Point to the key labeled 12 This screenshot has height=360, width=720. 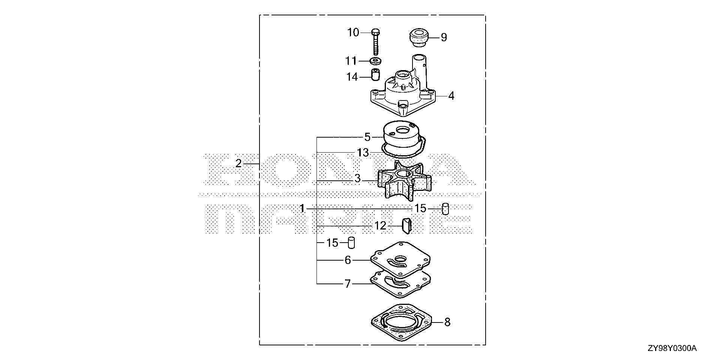coord(407,225)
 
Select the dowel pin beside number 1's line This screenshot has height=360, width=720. coord(445,208)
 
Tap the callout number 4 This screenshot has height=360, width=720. coord(451,96)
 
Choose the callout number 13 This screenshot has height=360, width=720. coord(363,153)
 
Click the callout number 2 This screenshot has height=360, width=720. coord(238,163)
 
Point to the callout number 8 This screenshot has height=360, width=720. coord(447,322)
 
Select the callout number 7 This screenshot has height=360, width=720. coord(348,284)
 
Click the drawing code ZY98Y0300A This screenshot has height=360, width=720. coord(672,349)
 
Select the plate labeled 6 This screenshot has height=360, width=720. coord(400,261)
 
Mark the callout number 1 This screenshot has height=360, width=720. coord(302,208)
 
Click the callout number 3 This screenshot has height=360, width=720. coord(357,179)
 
